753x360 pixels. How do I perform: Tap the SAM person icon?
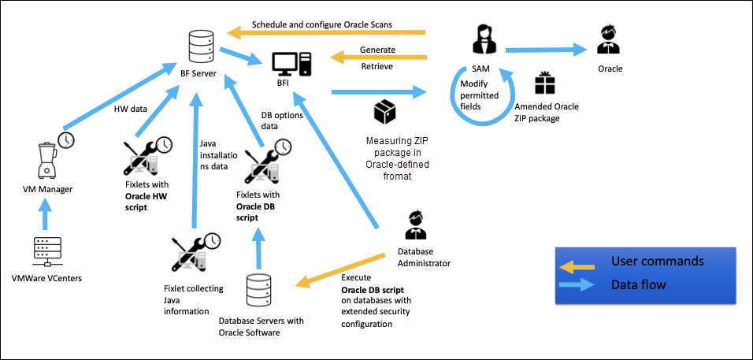coord(481,40)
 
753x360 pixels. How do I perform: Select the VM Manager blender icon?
coord(46,157)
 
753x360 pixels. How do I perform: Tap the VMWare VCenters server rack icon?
coord(44,250)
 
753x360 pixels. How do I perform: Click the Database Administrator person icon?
coord(415,225)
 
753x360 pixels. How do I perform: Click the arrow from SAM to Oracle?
coord(547,51)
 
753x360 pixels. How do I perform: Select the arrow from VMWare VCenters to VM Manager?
coord(45,211)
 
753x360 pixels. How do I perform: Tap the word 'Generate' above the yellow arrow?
coord(377,50)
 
